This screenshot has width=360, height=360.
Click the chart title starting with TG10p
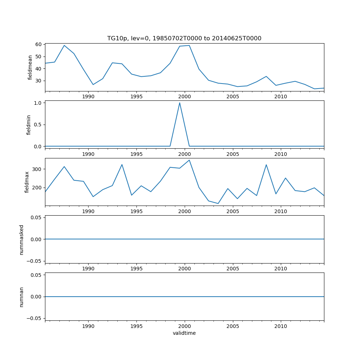click(184, 38)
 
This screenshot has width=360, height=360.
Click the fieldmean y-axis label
click(30, 67)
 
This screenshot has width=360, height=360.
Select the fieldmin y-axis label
click(29, 125)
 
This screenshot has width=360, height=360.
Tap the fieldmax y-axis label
click(27, 182)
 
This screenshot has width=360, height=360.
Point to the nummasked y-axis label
click(22, 239)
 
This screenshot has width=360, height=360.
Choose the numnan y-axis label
click(22, 297)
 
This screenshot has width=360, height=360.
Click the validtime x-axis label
click(184, 333)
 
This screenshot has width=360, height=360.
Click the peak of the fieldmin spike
click(180, 103)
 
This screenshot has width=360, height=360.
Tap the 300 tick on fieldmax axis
click(37, 169)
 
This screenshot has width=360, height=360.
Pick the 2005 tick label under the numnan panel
click(233, 326)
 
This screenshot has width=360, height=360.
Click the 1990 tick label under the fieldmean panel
click(88, 96)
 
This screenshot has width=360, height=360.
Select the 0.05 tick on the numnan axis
click(36, 275)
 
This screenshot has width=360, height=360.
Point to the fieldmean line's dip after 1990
click(93, 85)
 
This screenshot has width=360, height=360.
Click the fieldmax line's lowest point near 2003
click(218, 203)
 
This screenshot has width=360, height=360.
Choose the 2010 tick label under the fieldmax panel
click(281, 211)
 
